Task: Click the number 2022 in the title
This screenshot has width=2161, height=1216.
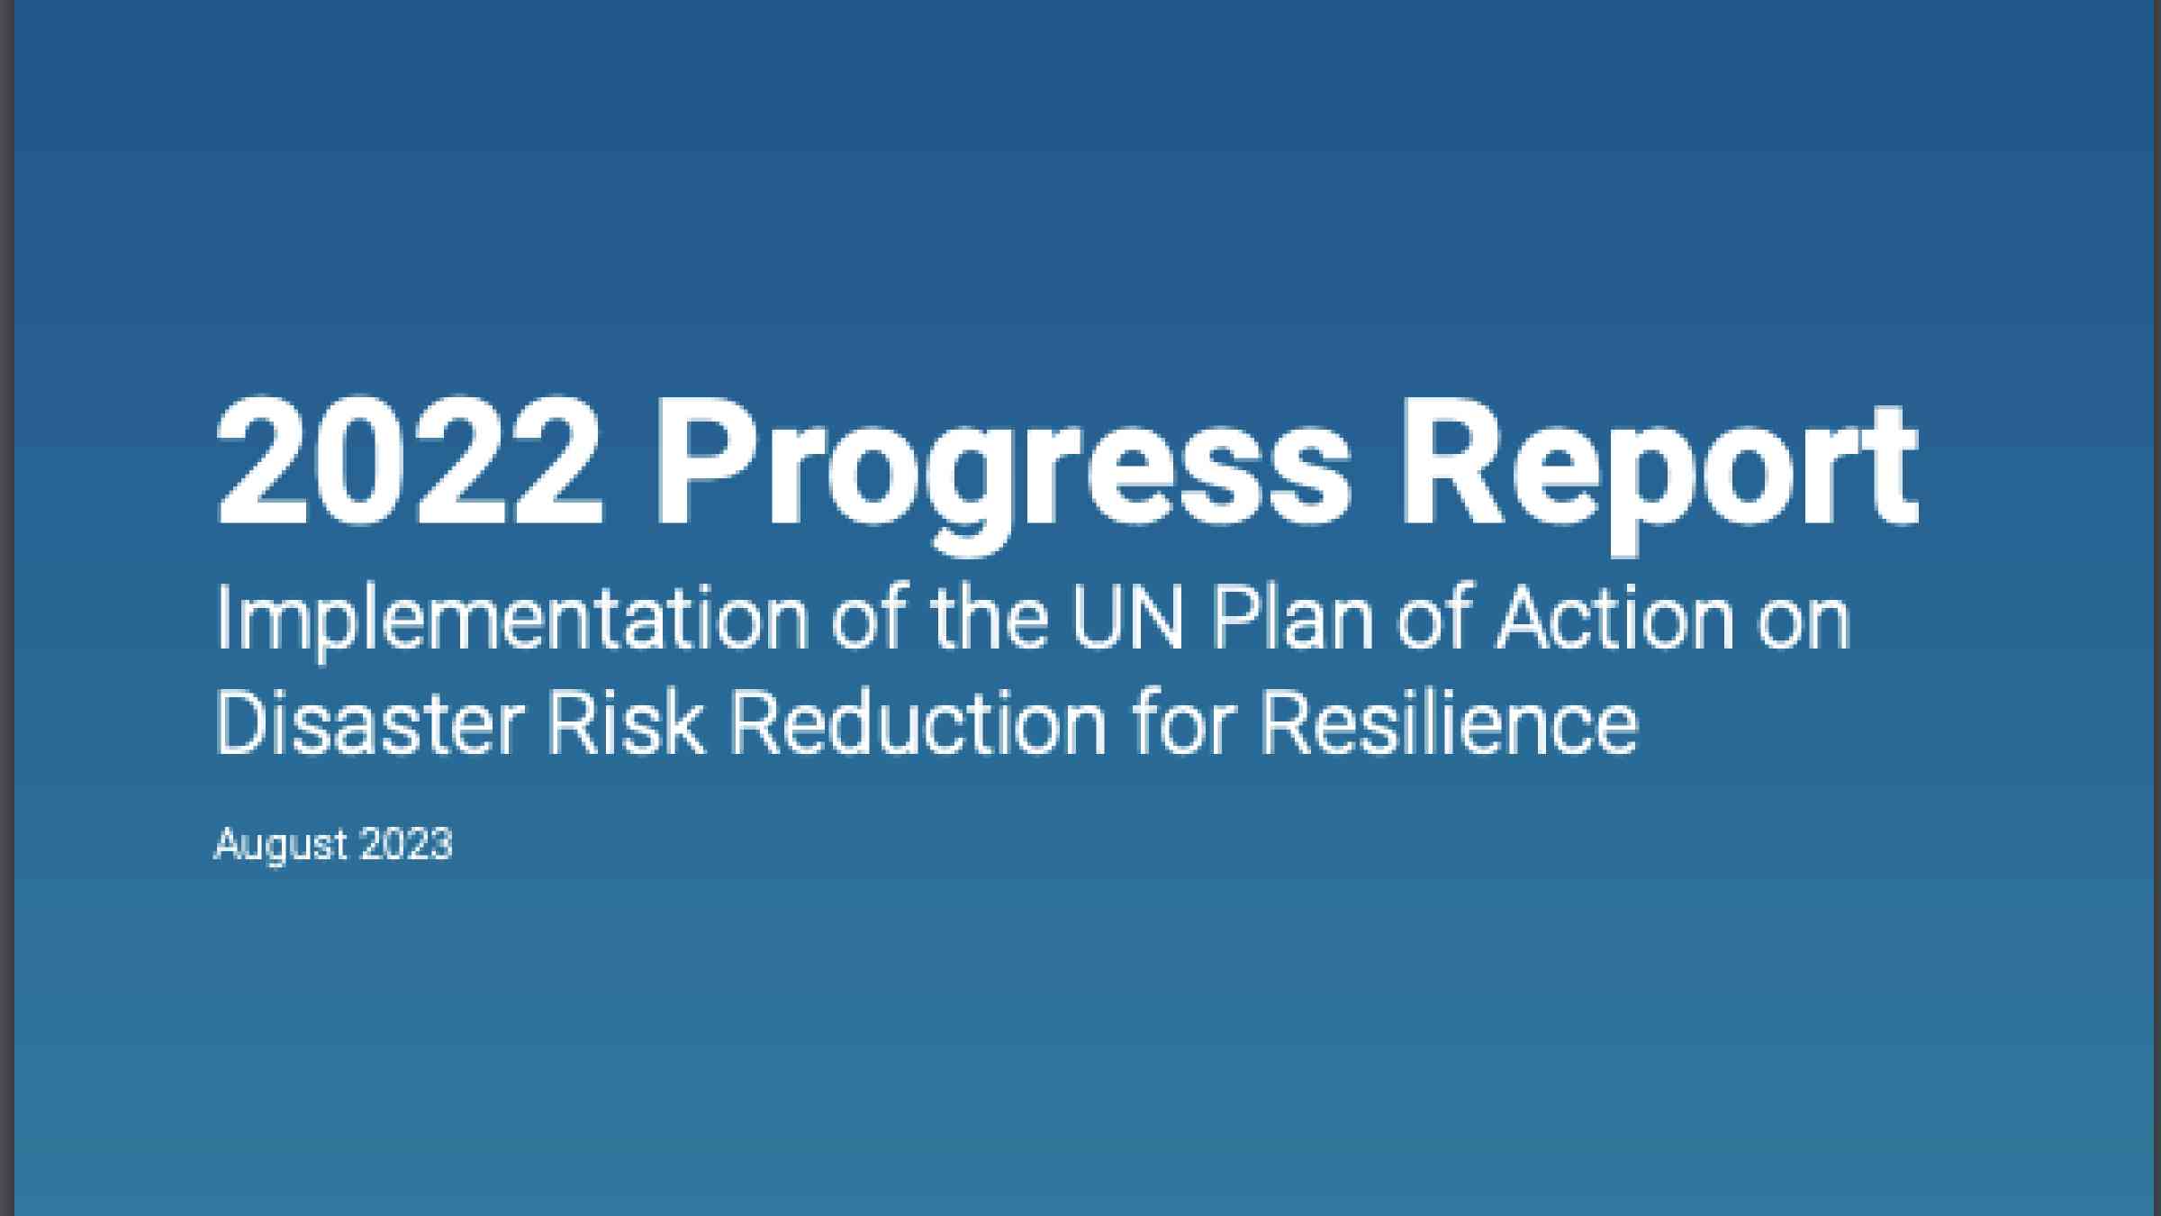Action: click(x=409, y=461)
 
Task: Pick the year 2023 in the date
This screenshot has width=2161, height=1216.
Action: click(x=406, y=845)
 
